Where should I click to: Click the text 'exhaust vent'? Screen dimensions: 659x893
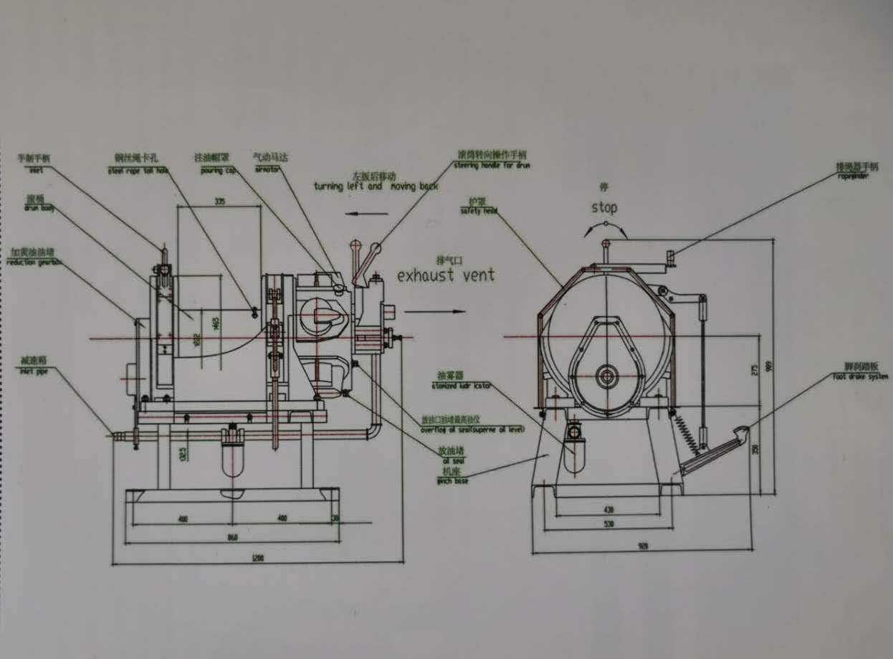pyautogui.click(x=446, y=275)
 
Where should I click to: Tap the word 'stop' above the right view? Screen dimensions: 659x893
pyautogui.click(x=603, y=208)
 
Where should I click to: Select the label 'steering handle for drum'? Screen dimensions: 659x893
pyautogui.click(x=492, y=166)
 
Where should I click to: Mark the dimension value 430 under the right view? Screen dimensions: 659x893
pyautogui.click(x=609, y=510)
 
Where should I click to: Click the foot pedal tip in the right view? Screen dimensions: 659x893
pyautogui.click(x=745, y=430)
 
